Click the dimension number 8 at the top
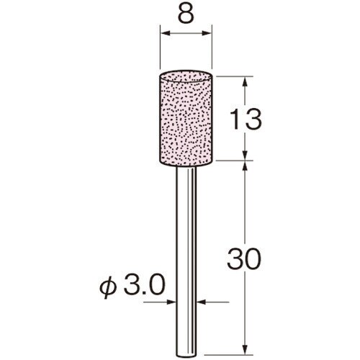tap(186, 14)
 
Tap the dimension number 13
tap(245, 119)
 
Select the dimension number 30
tap(244, 258)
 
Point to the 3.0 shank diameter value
tap(145, 285)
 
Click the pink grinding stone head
tap(186, 118)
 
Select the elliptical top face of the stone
tap(186, 77)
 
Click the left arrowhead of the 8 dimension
tap(165, 33)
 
